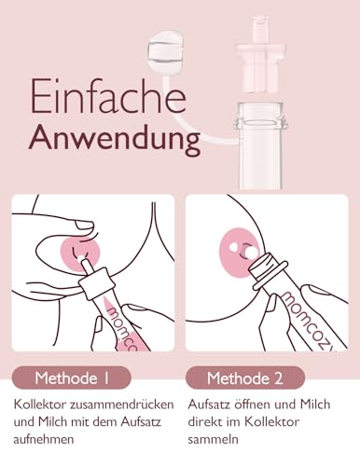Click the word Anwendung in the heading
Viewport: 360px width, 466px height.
(115, 139)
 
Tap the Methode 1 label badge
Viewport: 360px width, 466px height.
(72, 377)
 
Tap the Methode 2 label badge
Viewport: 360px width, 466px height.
(245, 377)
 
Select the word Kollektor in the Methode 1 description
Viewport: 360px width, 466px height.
(40, 404)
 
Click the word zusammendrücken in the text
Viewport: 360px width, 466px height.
(122, 404)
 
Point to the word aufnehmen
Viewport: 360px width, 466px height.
(44, 439)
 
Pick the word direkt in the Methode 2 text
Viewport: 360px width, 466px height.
(204, 422)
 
